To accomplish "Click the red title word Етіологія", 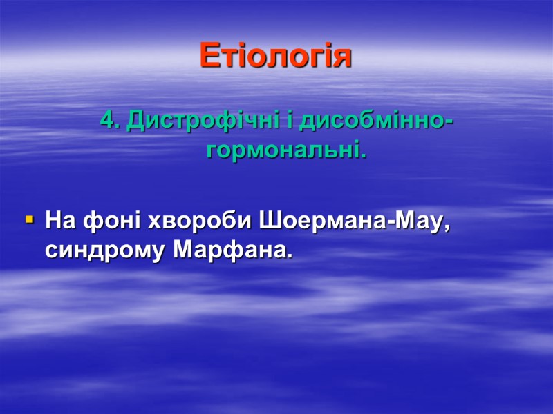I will point(276,56).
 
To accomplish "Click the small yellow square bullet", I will point(29,221).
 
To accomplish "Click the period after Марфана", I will point(289,257).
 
